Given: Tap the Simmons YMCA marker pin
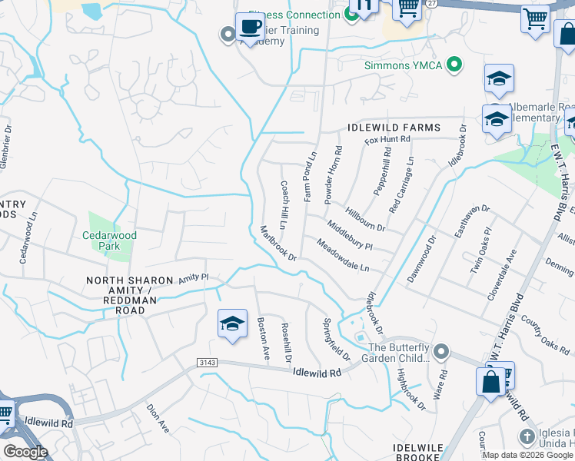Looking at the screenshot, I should click(454, 65).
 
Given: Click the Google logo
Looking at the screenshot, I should click(25, 452).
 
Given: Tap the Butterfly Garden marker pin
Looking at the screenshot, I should click(440, 352).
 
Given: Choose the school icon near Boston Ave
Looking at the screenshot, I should click(231, 323).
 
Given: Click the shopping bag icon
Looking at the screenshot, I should click(490, 381).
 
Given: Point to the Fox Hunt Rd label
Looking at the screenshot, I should click(388, 139).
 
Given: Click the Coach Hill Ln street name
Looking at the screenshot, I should click(284, 205).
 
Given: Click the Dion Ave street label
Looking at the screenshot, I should click(158, 419).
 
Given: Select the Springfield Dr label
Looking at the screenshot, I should click(336, 340).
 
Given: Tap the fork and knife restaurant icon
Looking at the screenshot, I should click(364, 5).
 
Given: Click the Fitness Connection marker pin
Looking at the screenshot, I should click(353, 14).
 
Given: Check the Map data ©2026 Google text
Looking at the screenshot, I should click(527, 455).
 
